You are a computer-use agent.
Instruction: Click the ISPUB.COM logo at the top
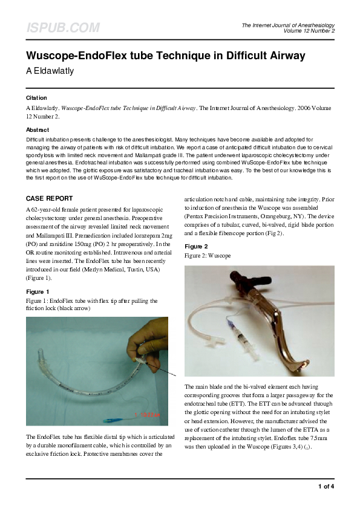pos(62,28)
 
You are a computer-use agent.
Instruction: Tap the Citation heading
pos(36,97)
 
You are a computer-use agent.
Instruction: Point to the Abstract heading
pos(38,129)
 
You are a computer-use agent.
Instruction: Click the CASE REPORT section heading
pos(50,198)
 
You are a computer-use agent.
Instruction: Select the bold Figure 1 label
pos(38,291)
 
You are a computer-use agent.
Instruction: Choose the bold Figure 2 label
pos(196,247)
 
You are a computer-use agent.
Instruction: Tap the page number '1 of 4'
pos(326,486)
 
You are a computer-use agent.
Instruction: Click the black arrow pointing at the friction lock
pos(166,370)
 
